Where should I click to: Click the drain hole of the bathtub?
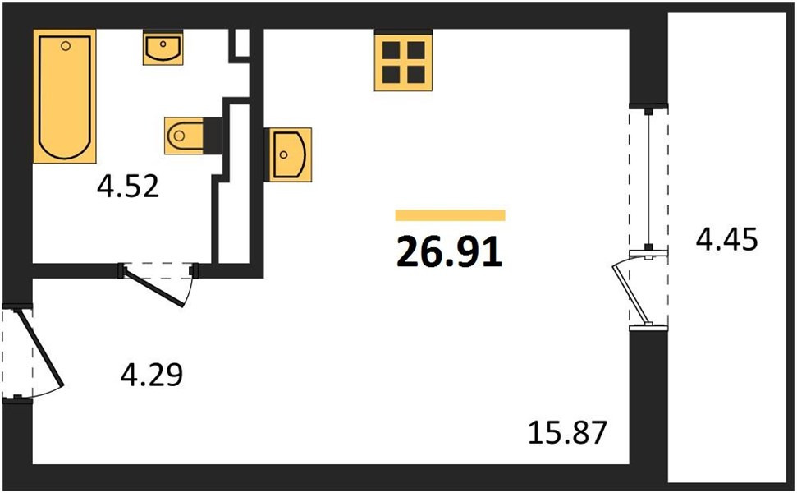point(65,46)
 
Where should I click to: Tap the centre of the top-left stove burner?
point(392,50)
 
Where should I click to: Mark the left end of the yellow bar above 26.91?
point(396,215)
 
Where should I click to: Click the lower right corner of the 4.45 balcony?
point(788,481)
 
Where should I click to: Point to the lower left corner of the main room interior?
point(33,463)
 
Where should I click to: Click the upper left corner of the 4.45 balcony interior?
point(668,14)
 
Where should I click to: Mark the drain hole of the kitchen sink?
point(284,154)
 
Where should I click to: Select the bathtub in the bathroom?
point(65,96)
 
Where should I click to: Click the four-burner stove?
point(404,61)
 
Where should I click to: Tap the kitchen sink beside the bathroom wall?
point(288,154)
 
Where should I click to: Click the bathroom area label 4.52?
point(128,187)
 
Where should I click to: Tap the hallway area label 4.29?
point(152,375)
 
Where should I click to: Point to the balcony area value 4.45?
point(727,239)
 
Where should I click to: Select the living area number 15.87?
point(567,432)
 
